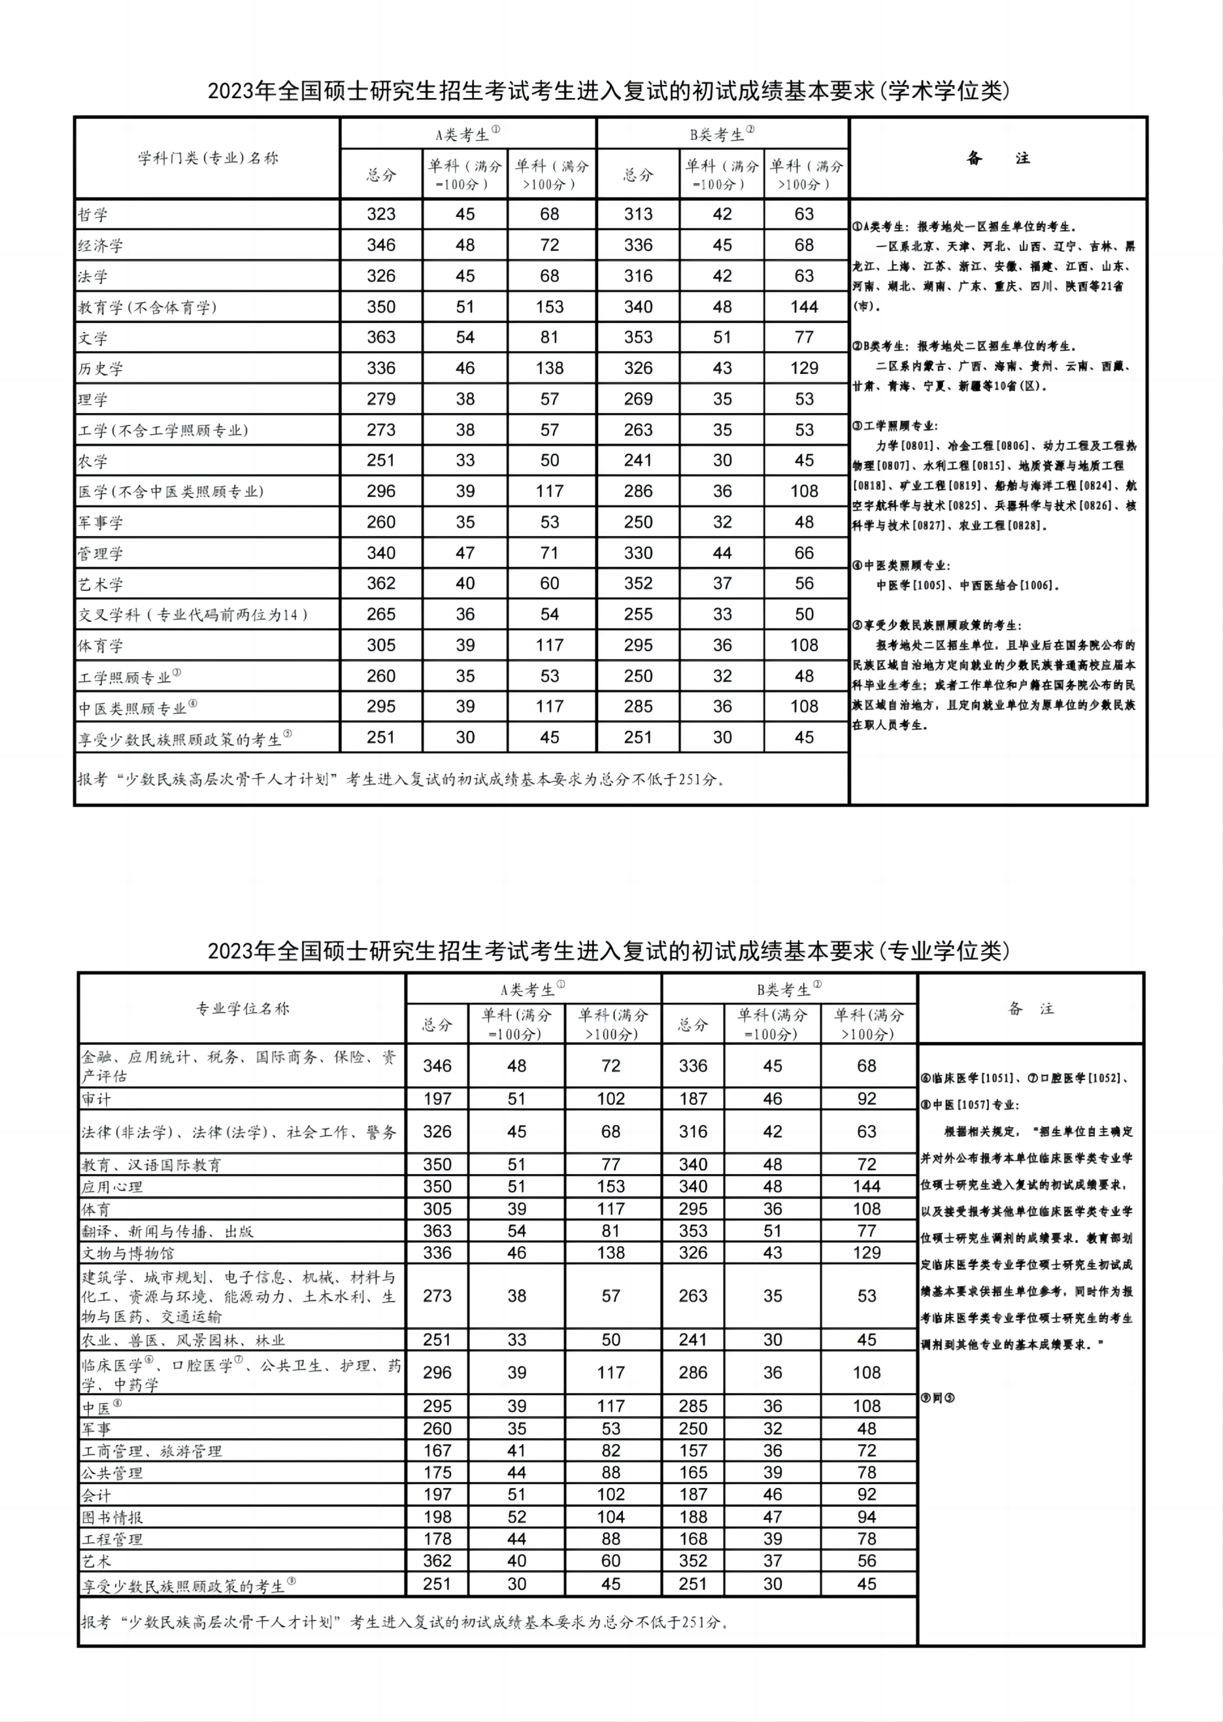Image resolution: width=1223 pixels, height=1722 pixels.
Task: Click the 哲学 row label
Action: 93,214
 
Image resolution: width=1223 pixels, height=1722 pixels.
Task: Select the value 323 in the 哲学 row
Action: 381,214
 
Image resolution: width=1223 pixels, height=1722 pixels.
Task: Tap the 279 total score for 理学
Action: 381,399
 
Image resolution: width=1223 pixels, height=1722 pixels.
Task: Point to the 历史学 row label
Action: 101,369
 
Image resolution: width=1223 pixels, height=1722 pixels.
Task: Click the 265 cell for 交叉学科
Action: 381,615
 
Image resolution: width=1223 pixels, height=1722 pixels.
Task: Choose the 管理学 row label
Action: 101,554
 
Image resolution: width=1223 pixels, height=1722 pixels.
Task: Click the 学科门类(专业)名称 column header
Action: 208,158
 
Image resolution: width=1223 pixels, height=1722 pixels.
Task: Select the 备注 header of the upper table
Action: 998,158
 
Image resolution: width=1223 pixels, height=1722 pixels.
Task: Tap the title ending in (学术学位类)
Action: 609,91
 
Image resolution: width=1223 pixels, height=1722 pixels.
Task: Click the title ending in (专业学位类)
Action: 609,951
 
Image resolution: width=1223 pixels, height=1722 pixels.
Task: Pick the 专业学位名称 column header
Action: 243,1009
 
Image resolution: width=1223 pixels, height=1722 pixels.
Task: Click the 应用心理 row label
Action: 112,1187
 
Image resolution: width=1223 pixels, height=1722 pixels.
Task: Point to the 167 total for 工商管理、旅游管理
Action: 437,1451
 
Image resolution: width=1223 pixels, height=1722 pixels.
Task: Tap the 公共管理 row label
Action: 112,1474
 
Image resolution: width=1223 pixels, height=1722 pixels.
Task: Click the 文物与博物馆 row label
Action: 128,1253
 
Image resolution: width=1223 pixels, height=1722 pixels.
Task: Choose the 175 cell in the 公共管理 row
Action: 437,1473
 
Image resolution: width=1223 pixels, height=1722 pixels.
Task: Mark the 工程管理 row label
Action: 112,1540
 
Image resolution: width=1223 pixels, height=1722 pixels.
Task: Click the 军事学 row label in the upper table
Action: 101,523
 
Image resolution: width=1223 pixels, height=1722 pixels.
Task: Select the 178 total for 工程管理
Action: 437,1539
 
